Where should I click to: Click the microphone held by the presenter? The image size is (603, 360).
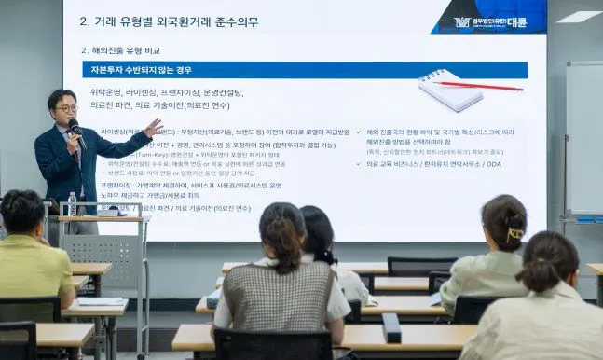(76, 132)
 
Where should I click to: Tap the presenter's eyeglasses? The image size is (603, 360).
(66, 108)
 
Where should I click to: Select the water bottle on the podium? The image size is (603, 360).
(72, 203)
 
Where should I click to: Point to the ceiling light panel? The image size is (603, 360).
(579, 16)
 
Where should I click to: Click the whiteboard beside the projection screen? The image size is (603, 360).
(583, 140)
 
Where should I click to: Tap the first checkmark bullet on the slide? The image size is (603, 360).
(360, 132)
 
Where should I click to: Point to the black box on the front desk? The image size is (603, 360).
(391, 327)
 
